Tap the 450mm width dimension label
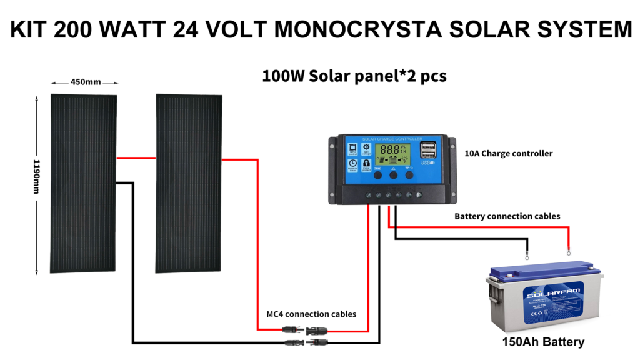85,82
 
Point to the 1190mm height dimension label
37,184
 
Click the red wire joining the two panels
136,158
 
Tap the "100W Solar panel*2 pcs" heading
354,76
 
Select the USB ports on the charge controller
429,151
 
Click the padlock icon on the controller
366,164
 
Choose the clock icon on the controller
352,164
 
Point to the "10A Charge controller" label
509,153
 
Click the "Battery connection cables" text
507,216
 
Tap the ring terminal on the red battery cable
568,252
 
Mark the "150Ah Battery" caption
544,342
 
